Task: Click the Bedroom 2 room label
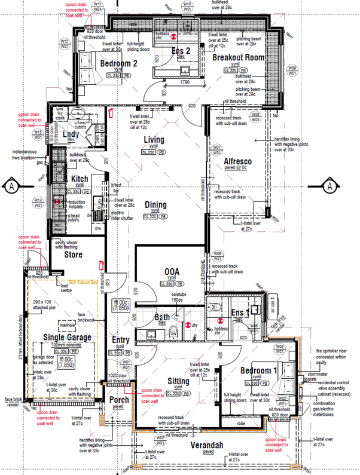click(119, 63)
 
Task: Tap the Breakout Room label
click(238, 58)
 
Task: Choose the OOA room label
click(172, 272)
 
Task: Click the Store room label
click(74, 255)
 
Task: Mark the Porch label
click(120, 400)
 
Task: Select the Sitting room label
click(178, 381)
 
